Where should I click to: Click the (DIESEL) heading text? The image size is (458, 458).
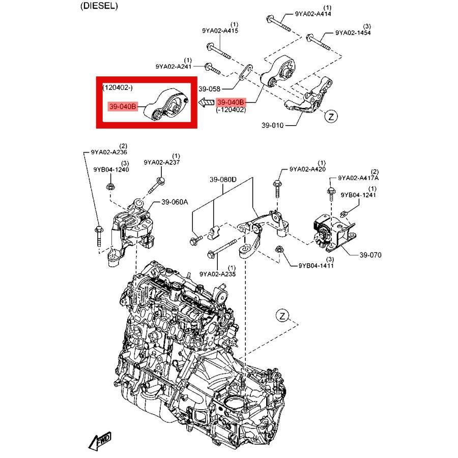(99, 6)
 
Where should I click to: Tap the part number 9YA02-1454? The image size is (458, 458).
(353, 33)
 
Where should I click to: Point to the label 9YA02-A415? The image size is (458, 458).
(220, 31)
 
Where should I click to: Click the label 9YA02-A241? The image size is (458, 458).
(174, 66)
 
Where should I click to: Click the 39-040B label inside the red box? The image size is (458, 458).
(123, 107)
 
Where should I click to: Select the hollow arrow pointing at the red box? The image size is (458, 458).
(206, 103)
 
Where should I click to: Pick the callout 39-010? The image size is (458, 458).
(273, 125)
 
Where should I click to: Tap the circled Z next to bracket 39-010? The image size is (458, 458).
(331, 117)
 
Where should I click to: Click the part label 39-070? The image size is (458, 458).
(370, 255)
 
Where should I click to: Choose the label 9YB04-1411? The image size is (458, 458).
(316, 266)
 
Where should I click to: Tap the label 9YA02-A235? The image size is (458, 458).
(217, 274)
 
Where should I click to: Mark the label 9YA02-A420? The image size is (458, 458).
(307, 169)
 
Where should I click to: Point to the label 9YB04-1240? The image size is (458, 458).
(111, 169)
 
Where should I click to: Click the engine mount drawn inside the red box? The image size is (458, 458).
(166, 106)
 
